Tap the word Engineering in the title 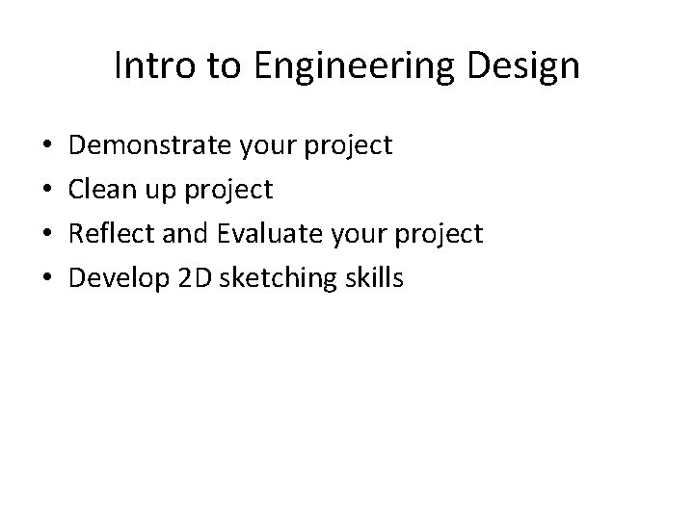coord(343,66)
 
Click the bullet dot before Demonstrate coord(47,146)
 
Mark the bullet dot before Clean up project coord(47,191)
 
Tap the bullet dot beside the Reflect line coord(47,235)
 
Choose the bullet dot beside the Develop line coord(47,279)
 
